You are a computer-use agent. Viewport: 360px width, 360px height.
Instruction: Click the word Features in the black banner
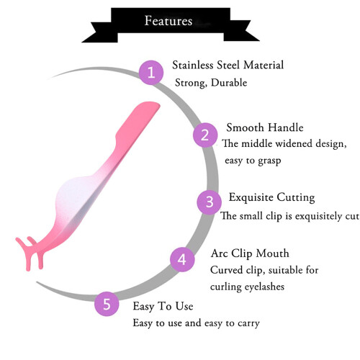(168, 21)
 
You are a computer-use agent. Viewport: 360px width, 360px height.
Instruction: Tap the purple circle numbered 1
(151, 73)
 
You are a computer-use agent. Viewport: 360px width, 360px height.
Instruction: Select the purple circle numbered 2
(205, 135)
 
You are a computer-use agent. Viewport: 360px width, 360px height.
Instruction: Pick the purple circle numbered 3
(210, 202)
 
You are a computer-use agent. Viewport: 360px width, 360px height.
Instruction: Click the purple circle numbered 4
(182, 259)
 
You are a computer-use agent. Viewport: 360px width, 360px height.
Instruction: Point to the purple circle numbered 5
(107, 304)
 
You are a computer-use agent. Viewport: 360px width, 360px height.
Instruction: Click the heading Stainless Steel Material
(228, 65)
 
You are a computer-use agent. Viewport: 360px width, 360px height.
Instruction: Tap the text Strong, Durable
(211, 83)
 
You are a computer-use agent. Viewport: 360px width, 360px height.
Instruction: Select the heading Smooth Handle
(265, 127)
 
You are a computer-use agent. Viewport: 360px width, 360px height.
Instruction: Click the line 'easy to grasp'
(253, 161)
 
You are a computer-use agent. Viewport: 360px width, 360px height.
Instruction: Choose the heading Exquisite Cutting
(271, 197)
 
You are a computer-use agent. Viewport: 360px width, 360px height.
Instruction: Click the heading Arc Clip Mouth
(250, 253)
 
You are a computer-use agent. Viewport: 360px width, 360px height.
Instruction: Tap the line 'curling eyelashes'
(247, 287)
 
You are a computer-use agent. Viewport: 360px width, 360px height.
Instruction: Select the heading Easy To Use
(163, 307)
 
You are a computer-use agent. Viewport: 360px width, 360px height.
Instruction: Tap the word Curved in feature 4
(226, 270)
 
